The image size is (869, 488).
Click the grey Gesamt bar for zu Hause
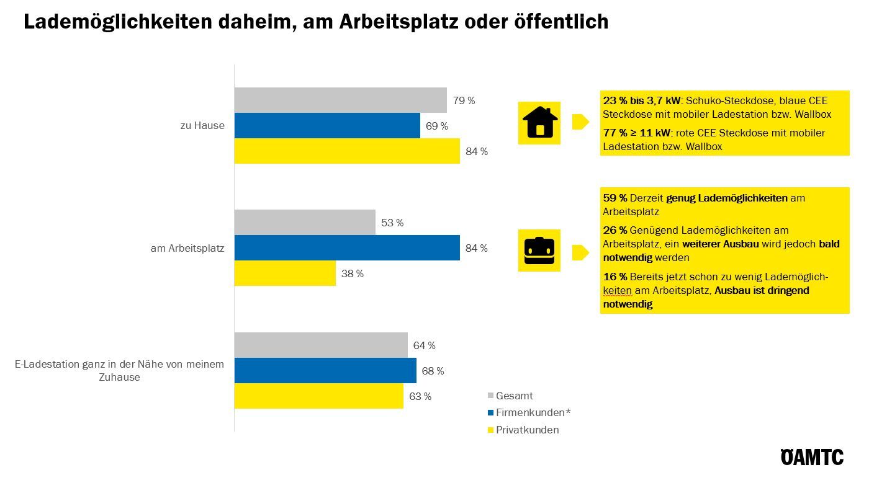click(340, 100)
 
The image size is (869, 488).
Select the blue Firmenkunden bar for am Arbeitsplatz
click(347, 248)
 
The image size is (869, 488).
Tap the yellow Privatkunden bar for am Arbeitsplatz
click(285, 273)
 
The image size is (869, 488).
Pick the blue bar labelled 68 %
click(325, 371)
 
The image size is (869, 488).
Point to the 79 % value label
click(464, 100)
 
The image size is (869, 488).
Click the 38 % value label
click(352, 273)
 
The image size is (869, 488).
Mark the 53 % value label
click(392, 223)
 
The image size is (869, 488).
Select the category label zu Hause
click(202, 126)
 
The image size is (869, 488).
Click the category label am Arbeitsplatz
click(187, 248)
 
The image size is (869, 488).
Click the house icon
click(539, 122)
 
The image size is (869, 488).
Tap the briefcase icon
click(539, 250)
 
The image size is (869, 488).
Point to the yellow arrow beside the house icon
click(580, 122)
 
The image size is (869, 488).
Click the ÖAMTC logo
click(812, 458)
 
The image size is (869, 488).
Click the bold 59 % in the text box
click(615, 198)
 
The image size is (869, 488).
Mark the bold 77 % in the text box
click(615, 133)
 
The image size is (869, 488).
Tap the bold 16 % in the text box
click(615, 277)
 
